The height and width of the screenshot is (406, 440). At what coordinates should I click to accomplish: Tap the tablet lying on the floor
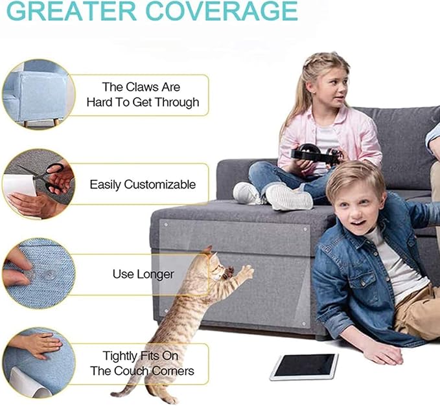pos(304,366)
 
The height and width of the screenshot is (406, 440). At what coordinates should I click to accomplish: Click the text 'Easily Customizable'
pos(142,185)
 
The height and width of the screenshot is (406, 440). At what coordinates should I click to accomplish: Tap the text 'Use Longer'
pos(143,274)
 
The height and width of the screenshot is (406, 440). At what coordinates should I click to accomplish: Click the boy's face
pos(356,207)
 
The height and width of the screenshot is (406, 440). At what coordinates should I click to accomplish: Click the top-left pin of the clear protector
pos(164,224)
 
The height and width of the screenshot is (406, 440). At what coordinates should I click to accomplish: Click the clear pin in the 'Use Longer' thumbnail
pos(47,275)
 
